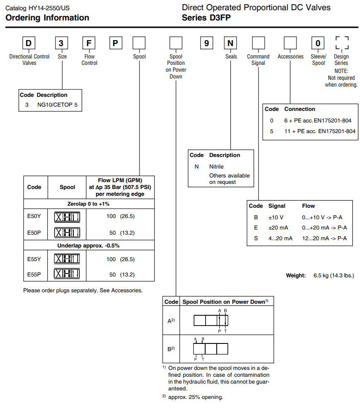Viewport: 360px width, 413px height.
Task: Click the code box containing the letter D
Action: [x=29, y=44]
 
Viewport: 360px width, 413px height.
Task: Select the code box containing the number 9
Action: [x=207, y=44]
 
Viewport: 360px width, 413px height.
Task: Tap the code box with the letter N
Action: [x=231, y=44]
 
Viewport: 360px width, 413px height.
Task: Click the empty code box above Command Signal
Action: [x=258, y=44]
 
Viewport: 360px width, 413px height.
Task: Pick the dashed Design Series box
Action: [x=342, y=44]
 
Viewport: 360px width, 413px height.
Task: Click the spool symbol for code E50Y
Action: [x=67, y=217]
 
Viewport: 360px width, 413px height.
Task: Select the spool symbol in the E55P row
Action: [x=67, y=274]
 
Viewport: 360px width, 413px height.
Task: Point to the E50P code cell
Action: [x=34, y=233]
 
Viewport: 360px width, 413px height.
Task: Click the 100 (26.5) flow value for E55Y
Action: [x=120, y=259]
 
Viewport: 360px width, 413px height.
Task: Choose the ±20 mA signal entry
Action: [x=278, y=227]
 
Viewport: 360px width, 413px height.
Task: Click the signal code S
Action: [x=256, y=238]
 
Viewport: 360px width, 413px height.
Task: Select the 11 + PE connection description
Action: [x=320, y=131]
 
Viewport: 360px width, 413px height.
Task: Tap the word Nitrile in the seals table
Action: [x=216, y=166]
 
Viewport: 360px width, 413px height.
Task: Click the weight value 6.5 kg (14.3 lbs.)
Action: [x=334, y=276]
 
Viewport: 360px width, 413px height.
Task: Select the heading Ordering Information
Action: [x=47, y=18]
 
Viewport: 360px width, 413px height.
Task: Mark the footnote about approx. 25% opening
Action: [x=195, y=397]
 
